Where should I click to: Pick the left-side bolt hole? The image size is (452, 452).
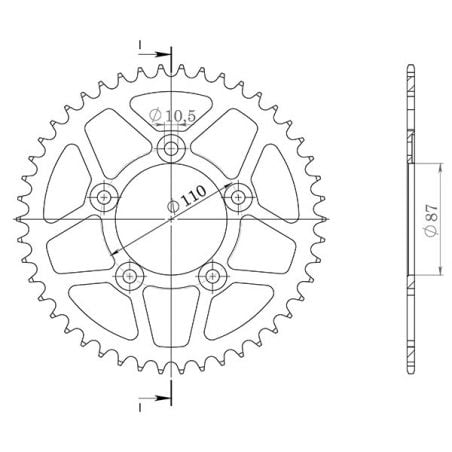[103, 198]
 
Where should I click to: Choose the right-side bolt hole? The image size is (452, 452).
[239, 198]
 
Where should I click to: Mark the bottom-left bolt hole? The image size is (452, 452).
[129, 275]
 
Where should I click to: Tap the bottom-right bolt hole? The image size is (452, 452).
[213, 275]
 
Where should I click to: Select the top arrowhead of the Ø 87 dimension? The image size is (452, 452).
[443, 163]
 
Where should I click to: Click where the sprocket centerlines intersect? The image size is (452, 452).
[172, 218]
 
